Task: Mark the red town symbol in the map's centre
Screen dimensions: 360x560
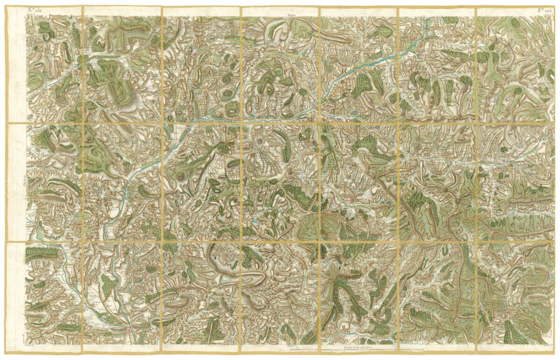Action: click(x=351, y=200)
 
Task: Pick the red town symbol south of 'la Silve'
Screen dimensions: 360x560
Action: click(x=127, y=331)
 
